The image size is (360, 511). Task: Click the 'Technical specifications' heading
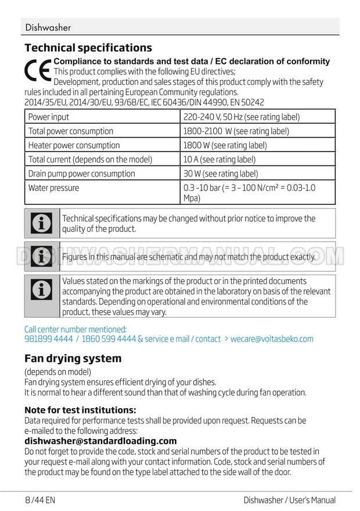88,48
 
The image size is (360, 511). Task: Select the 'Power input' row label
49,117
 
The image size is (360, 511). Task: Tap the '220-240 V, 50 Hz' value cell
241,117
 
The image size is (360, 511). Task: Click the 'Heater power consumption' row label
74,145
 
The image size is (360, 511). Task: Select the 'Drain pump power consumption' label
82,174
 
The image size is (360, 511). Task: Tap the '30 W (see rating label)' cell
221,174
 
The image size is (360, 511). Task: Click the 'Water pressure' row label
54,188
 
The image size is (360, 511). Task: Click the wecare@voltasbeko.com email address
272,339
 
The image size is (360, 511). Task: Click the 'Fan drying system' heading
73,358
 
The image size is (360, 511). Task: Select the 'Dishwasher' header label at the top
48,27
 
